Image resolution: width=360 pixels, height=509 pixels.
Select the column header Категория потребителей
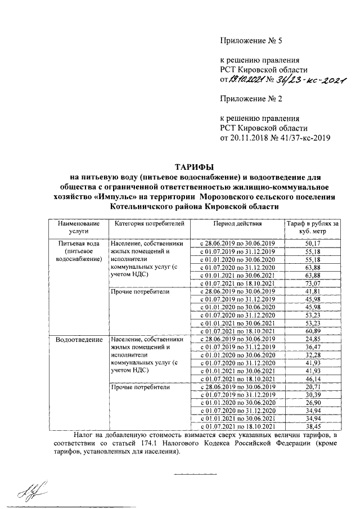pos(149,224)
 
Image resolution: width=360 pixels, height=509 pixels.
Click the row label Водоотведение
pos(77,340)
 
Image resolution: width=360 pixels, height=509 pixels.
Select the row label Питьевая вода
pos(76,242)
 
